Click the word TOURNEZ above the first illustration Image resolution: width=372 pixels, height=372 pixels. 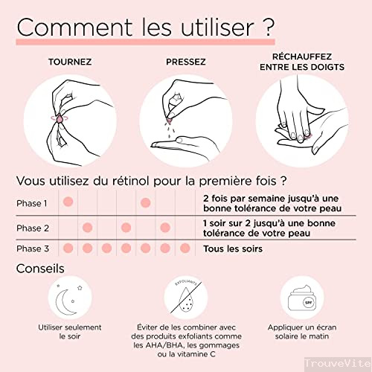coord(70,62)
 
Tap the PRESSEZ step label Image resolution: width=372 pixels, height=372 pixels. coord(186,62)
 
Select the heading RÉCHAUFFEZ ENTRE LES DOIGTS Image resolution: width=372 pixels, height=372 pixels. coord(302,62)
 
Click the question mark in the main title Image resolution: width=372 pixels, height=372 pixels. coord(268,27)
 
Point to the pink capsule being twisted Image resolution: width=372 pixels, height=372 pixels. coord(60,119)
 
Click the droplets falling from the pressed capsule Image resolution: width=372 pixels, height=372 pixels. coord(170,129)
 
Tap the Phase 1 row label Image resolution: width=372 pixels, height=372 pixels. coord(31,203)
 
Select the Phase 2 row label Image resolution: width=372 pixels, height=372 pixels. coord(33,228)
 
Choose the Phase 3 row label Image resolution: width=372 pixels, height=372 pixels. coord(33,248)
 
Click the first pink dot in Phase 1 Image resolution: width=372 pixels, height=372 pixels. coord(68,202)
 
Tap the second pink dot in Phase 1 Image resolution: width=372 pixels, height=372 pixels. coord(146,202)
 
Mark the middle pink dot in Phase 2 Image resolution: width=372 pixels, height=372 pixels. coord(126,228)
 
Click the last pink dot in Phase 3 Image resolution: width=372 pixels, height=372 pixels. coord(185,248)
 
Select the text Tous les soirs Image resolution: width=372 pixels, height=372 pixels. coord(233,248)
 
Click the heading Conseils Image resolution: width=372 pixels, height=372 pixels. coord(40,269)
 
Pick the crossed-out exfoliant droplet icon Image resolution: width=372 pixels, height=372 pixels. coord(186,298)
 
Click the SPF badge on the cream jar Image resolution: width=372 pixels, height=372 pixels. coord(308,303)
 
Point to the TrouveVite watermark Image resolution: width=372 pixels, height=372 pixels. coord(338,364)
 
